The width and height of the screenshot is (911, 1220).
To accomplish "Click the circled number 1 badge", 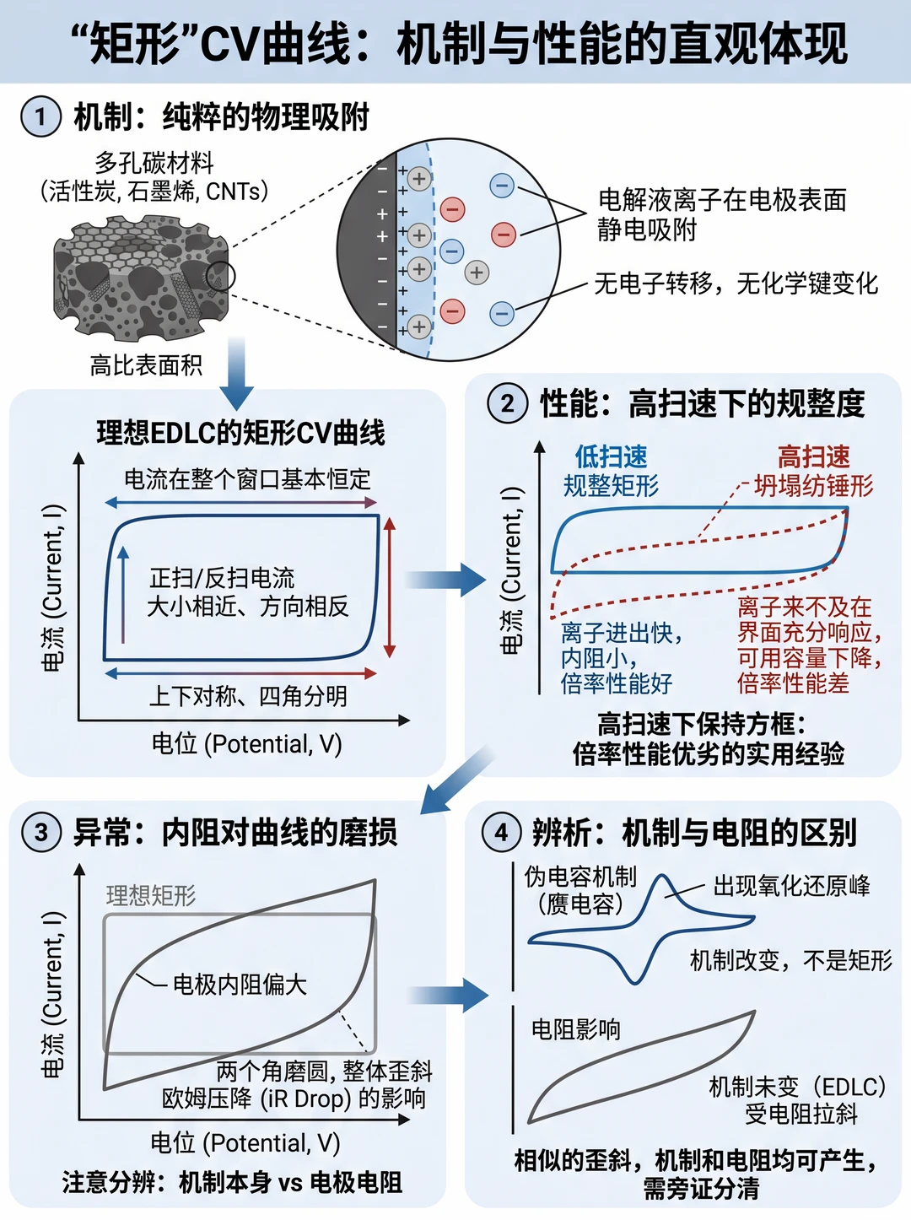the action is (x=40, y=116).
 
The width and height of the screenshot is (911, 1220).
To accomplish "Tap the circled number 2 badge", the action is (x=507, y=403).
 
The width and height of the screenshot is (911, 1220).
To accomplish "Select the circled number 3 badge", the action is (x=41, y=832).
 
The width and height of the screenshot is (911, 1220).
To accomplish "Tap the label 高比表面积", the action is (x=146, y=365).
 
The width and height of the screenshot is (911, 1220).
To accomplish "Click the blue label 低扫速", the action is (x=611, y=457).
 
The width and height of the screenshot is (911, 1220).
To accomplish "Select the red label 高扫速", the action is (x=814, y=457).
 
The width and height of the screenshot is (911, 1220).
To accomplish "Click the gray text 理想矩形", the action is (x=151, y=895).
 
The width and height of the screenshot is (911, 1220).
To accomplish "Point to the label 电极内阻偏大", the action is (x=240, y=985).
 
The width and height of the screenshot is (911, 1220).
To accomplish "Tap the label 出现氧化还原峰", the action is (x=792, y=886).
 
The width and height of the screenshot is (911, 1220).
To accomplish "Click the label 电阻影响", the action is (x=576, y=1029).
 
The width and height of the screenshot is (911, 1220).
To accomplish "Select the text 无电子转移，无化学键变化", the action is (x=736, y=283).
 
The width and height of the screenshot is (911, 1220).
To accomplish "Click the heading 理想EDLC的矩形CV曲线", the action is (x=240, y=433).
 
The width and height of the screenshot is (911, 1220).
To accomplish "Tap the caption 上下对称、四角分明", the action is (x=248, y=696).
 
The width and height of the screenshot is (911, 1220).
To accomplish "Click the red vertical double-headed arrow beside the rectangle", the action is (x=390, y=587).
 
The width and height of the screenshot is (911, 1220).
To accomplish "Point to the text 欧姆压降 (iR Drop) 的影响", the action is (x=294, y=1099).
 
